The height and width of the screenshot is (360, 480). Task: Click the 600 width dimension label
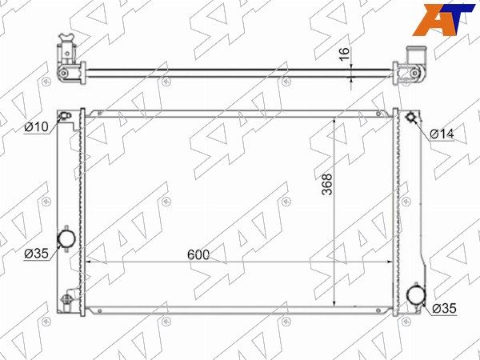coord(198,254)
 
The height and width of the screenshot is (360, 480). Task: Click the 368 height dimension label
coord(327,184)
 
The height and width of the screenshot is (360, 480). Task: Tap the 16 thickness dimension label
coord(344,54)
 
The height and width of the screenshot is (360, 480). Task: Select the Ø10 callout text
coord(37,126)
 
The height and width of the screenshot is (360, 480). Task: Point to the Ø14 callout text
coord(442,134)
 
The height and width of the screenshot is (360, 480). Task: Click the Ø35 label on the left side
coord(37,254)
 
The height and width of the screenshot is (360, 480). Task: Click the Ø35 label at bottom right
coord(444,308)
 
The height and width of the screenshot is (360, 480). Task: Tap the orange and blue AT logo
coord(442,19)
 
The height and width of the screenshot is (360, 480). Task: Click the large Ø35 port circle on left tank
coord(66,238)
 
